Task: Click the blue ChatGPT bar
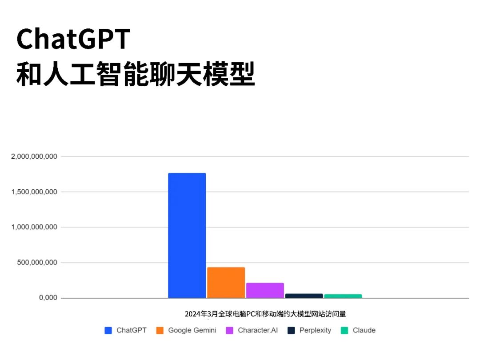point(187,236)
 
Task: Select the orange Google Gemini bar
point(226,283)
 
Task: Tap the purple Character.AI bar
point(265,290)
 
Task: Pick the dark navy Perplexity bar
point(304,296)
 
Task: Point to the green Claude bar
point(343,296)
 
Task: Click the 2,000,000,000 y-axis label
point(34,156)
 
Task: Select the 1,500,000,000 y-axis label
point(34,192)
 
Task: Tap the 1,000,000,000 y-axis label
point(34,227)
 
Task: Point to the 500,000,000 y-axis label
point(37,263)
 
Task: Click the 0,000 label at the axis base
point(48,298)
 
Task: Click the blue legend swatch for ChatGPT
point(108,331)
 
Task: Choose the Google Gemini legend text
point(192,331)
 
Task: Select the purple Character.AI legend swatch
point(230,331)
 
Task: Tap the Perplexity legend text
point(315,331)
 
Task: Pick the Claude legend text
point(364,330)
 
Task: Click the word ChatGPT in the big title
point(73,39)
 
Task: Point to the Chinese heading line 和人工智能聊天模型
point(136,74)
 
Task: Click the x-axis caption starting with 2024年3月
point(265,314)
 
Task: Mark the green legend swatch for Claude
point(344,331)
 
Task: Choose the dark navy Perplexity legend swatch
point(291,331)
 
